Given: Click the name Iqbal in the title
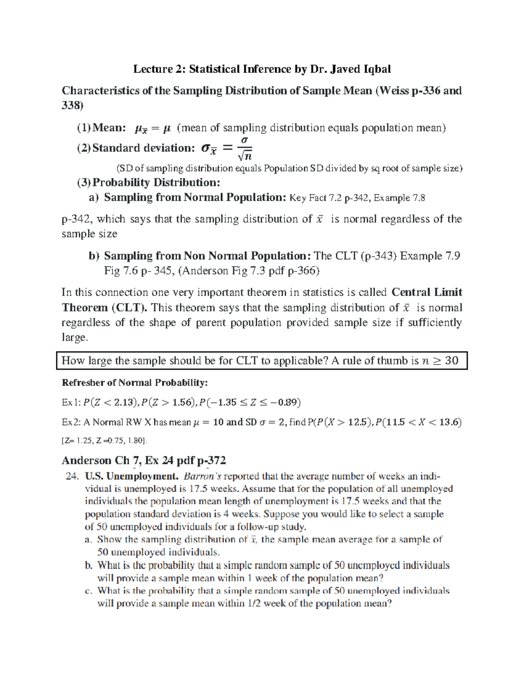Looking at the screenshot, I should [x=374, y=69].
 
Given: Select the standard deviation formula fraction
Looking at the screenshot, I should [x=245, y=148].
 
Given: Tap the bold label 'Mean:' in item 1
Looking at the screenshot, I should [x=110, y=127].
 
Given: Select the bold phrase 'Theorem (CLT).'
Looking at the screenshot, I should [x=105, y=307].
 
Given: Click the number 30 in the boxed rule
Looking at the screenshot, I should [x=452, y=361].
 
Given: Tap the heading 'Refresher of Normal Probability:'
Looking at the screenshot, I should [x=134, y=383].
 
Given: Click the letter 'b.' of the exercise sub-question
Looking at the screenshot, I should [x=89, y=566].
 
